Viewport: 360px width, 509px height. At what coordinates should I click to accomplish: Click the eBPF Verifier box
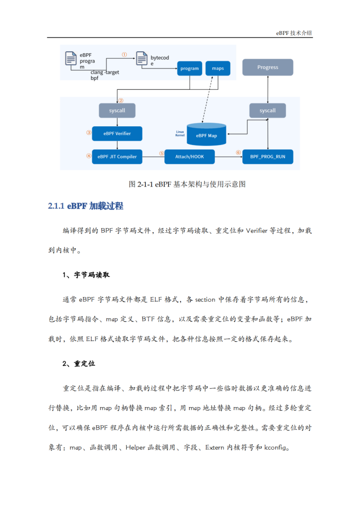coord(117,133)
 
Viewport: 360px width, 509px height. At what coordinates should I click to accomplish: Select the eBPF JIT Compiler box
coord(117,157)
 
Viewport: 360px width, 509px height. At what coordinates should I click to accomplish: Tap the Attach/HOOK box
coord(190,157)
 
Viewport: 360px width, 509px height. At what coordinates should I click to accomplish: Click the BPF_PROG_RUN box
coord(268,157)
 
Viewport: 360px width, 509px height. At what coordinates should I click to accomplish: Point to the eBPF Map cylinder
coord(206,134)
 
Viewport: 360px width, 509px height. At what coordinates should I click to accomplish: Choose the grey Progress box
coord(268,67)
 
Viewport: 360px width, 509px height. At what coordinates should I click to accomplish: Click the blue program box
coord(190,68)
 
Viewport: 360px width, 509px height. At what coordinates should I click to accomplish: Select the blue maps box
coord(218,68)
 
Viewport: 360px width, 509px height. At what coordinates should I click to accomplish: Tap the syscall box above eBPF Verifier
coord(117,111)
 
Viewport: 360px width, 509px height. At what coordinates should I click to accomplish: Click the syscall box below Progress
coord(268,111)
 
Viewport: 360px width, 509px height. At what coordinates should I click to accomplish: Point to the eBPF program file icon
coord(71,58)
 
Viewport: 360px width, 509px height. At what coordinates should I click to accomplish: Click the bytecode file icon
coord(141,58)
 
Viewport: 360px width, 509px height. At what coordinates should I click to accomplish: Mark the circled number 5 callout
coord(162,153)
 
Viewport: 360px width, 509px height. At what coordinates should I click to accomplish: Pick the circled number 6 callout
coord(238,153)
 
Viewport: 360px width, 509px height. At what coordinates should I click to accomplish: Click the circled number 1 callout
coord(124,55)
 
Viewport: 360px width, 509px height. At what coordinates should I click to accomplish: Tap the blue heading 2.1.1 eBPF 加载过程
coord(86,206)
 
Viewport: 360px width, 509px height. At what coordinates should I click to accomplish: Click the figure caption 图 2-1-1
coord(187,184)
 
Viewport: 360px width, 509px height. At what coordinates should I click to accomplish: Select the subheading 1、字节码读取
coord(86,275)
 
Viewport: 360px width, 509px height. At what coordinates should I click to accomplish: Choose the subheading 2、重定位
coord(79,363)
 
